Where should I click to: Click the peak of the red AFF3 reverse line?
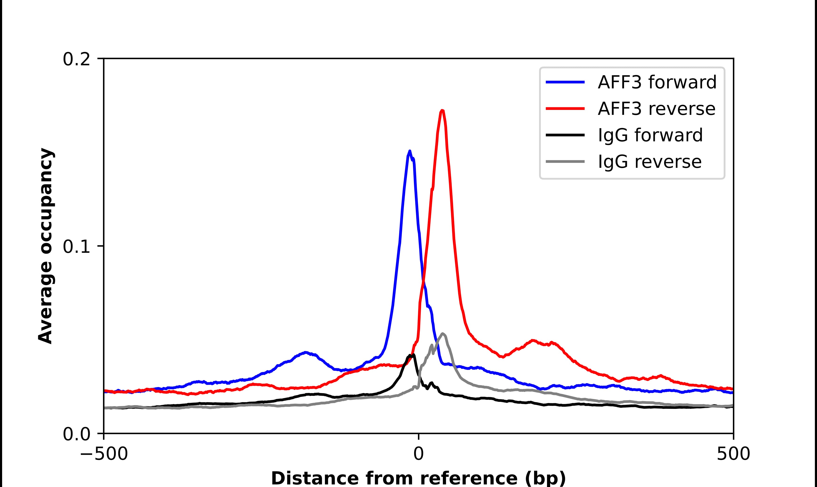(x=442, y=111)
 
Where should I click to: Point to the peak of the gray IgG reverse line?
(x=443, y=334)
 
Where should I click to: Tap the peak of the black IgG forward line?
(x=413, y=355)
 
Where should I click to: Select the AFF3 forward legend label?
(x=657, y=82)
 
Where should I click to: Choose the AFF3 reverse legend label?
(x=656, y=109)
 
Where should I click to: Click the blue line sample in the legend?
(x=565, y=82)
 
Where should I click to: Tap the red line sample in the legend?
(x=565, y=109)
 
